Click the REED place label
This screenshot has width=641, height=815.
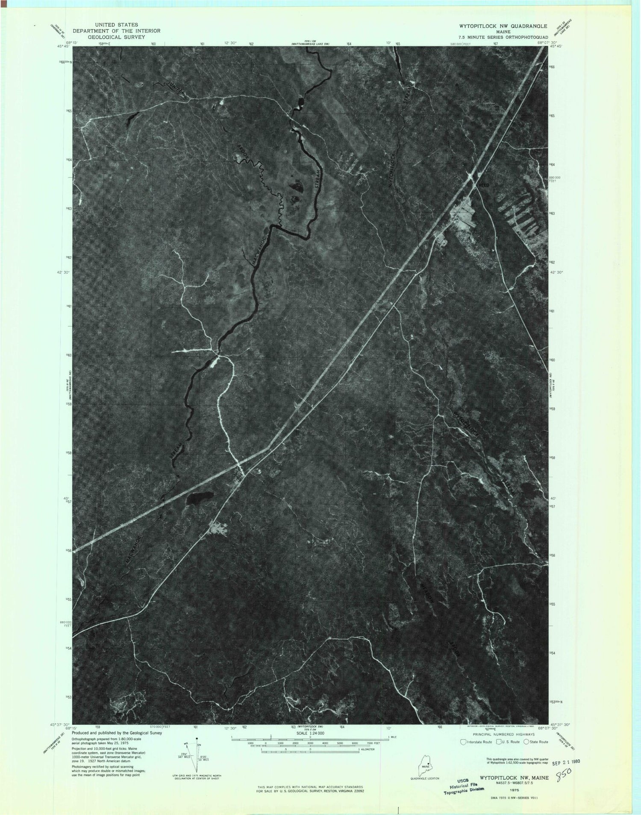coord(483,185)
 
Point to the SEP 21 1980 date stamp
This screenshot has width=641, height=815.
coord(565,761)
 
